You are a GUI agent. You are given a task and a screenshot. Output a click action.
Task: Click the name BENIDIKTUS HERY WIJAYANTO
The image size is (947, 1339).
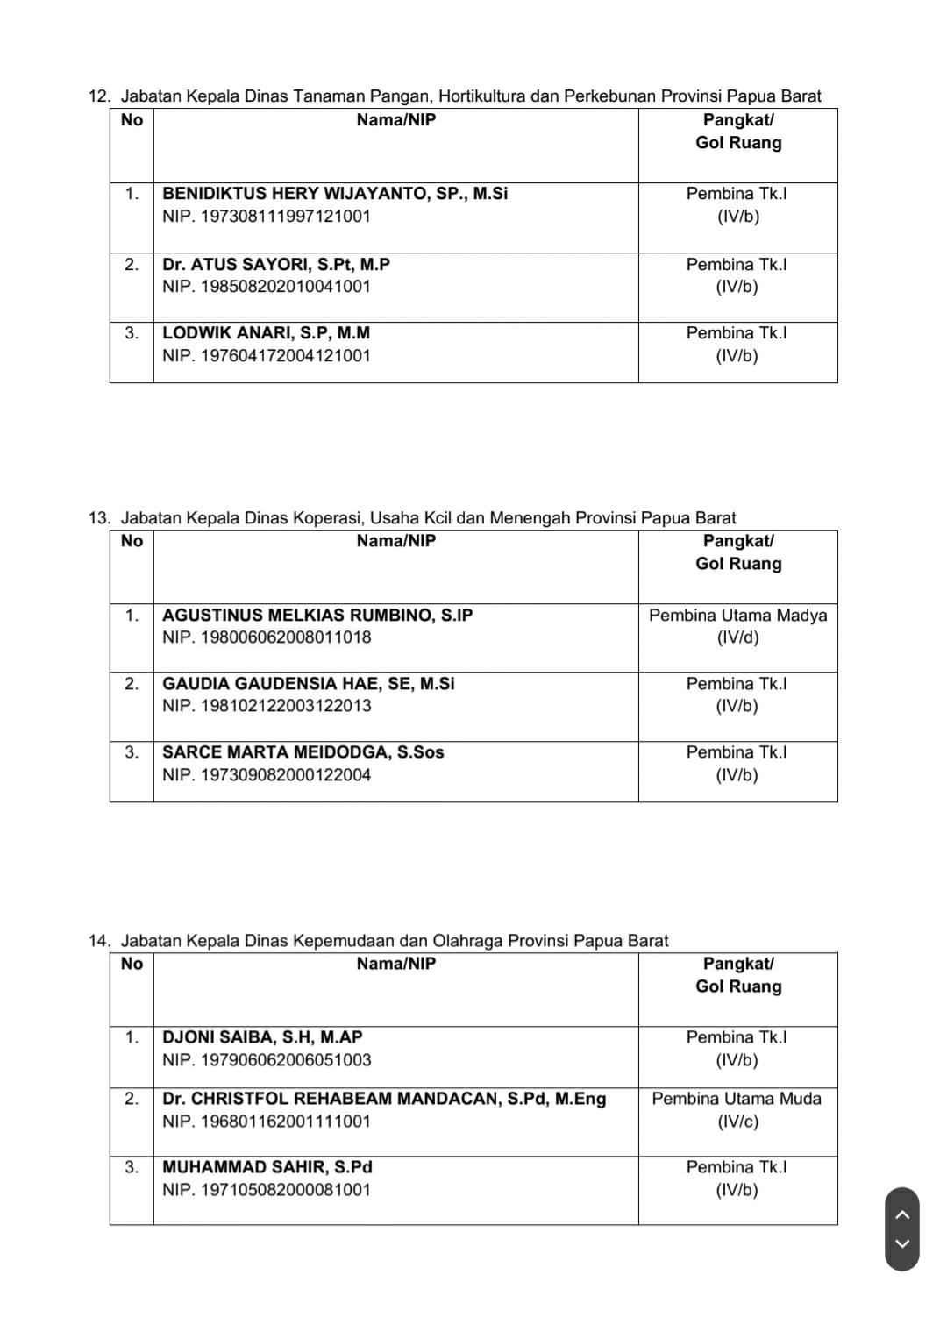[335, 194]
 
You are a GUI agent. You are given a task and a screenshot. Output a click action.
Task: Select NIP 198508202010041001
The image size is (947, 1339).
[267, 287]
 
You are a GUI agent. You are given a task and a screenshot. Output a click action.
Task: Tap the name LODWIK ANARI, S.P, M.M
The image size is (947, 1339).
[266, 333]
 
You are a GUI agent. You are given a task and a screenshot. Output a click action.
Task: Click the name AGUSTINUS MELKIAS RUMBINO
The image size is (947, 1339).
[317, 616]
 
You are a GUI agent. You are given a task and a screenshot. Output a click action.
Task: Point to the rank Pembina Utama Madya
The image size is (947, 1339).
[737, 616]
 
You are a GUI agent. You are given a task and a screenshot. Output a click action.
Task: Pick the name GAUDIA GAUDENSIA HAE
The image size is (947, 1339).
[308, 684]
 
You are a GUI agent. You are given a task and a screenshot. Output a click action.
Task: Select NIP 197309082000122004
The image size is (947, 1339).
[267, 775]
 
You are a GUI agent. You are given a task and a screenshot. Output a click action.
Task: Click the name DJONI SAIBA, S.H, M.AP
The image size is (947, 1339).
[262, 1037]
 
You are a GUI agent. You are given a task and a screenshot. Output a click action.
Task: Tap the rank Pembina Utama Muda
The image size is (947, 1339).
[737, 1099]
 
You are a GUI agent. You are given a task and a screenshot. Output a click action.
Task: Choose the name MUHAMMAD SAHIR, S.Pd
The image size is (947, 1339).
[267, 1167]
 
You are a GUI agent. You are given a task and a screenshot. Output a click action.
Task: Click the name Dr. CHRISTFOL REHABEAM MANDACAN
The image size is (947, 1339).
[384, 1099]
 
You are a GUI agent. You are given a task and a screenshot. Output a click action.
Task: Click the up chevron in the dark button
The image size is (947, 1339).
[902, 1214]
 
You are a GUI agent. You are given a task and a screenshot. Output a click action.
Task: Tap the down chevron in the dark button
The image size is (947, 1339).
[902, 1243]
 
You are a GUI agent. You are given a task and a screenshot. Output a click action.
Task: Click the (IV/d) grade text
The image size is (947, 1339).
[737, 637]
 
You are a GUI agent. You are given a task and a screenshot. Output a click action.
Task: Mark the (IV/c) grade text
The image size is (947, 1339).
[737, 1122]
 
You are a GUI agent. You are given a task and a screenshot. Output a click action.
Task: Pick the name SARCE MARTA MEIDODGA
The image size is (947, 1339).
[303, 752]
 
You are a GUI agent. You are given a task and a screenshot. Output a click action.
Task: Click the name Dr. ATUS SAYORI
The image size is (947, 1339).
[276, 265]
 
